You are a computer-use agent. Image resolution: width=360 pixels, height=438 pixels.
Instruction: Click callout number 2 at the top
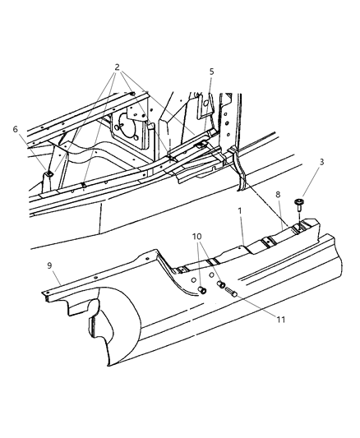point(118,67)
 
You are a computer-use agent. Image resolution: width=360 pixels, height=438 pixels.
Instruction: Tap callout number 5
point(211,71)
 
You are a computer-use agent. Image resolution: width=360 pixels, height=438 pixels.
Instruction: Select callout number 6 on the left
point(15,129)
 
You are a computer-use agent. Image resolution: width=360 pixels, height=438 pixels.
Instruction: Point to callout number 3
point(321,163)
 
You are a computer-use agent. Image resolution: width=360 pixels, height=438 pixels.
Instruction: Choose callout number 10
point(196,237)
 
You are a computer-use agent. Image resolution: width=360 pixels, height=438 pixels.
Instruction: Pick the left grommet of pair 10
point(203,290)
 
